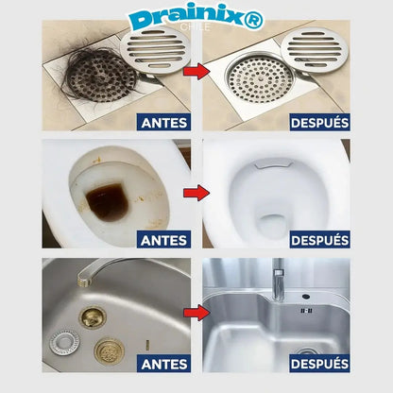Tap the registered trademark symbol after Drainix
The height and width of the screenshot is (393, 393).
255,19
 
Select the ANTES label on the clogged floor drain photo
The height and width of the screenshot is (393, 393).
163,121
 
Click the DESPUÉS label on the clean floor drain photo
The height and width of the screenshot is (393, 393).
320,121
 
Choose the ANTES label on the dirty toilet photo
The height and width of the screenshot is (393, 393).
163,240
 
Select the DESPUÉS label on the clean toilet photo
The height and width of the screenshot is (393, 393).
320,240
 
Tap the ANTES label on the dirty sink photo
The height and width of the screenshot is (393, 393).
163,363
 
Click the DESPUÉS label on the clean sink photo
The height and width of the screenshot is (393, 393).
320,363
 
